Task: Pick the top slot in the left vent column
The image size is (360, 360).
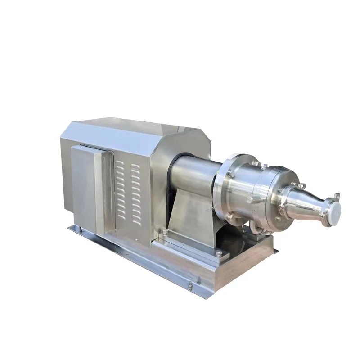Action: click(119, 165)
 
